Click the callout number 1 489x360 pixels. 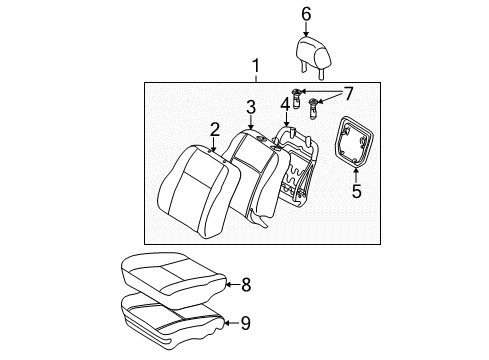pyautogui.click(x=256, y=68)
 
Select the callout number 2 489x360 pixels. pyautogui.click(x=214, y=128)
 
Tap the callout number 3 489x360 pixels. pyautogui.click(x=251, y=107)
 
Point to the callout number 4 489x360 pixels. pyautogui.click(x=285, y=103)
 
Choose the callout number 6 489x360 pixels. pyautogui.click(x=306, y=13)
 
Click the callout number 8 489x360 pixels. pyautogui.click(x=246, y=285)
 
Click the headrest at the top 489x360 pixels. pyautogui.click(x=309, y=52)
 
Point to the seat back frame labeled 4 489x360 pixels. pyautogui.click(x=300, y=170)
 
